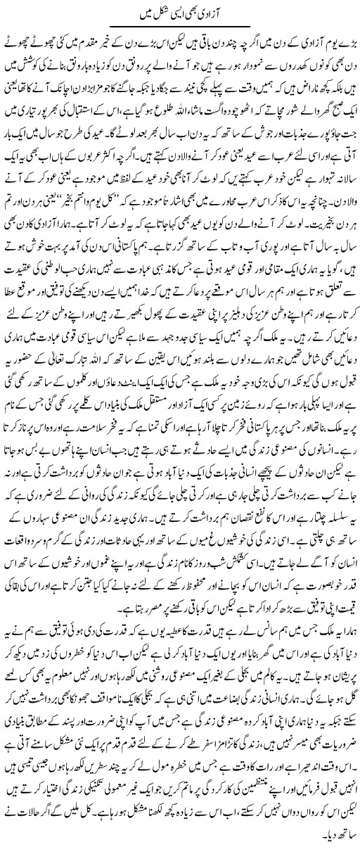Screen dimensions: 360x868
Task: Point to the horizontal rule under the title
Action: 180,26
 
